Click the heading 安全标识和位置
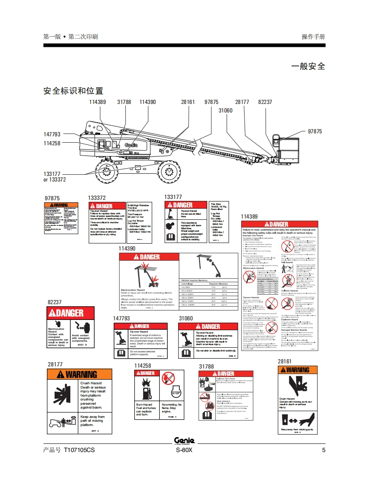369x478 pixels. click(x=73, y=91)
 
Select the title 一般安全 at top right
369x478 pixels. click(x=308, y=66)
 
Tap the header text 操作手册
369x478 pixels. click(x=313, y=37)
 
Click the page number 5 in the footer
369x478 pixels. click(x=323, y=450)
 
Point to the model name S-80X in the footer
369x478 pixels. click(x=184, y=450)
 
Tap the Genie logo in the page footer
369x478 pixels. click(x=184, y=441)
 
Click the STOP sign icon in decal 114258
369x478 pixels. click(x=176, y=392)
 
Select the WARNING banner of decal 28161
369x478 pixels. click(x=297, y=370)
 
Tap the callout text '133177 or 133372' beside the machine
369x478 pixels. click(x=55, y=177)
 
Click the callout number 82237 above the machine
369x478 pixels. click(x=265, y=102)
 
